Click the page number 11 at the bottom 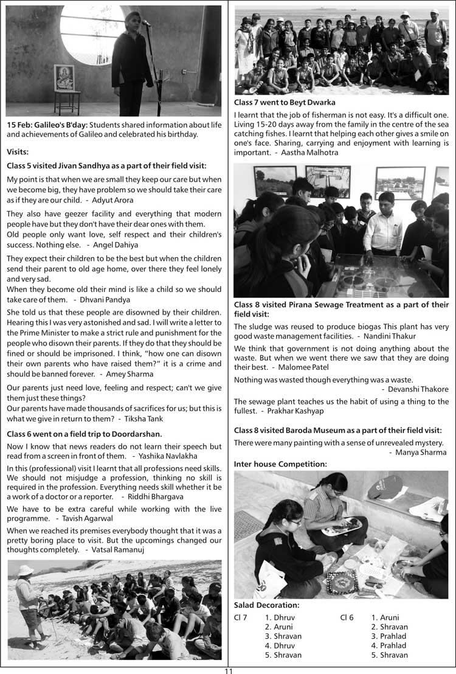228,670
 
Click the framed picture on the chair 64,78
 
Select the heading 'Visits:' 18,152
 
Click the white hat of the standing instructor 26,569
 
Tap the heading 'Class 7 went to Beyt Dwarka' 285,103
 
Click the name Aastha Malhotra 311,153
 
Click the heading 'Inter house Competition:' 280,464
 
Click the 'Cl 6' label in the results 347,617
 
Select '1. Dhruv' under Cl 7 280,617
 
